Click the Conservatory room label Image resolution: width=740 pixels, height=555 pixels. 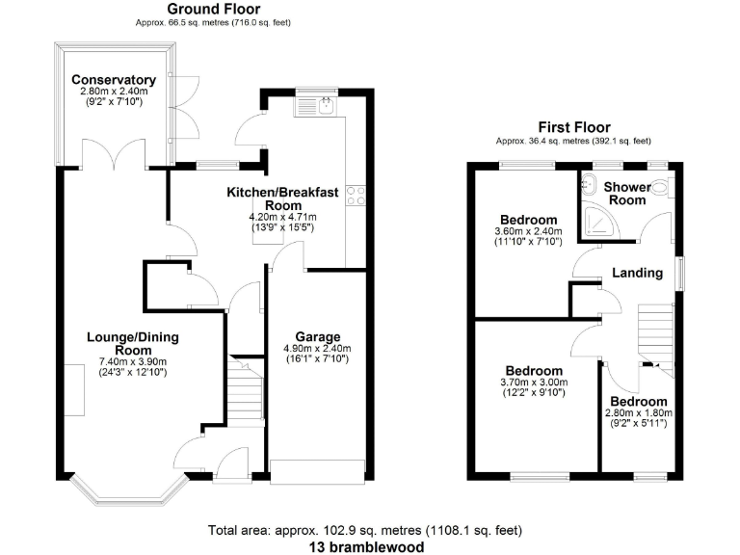pos(113,79)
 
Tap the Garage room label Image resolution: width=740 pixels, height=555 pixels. pos(316,337)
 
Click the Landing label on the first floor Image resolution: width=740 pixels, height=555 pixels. pos(637,273)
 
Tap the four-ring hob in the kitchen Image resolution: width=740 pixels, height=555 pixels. pos(356,196)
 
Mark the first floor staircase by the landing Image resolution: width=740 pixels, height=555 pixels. pos(655,332)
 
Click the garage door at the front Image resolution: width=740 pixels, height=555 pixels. pos(318,471)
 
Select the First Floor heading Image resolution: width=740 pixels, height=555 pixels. pos(572,127)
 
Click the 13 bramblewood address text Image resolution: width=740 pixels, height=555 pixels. pos(366,545)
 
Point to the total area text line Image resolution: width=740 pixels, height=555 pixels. pos(366,529)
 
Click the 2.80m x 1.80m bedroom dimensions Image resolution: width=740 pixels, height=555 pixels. pos(637,414)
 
